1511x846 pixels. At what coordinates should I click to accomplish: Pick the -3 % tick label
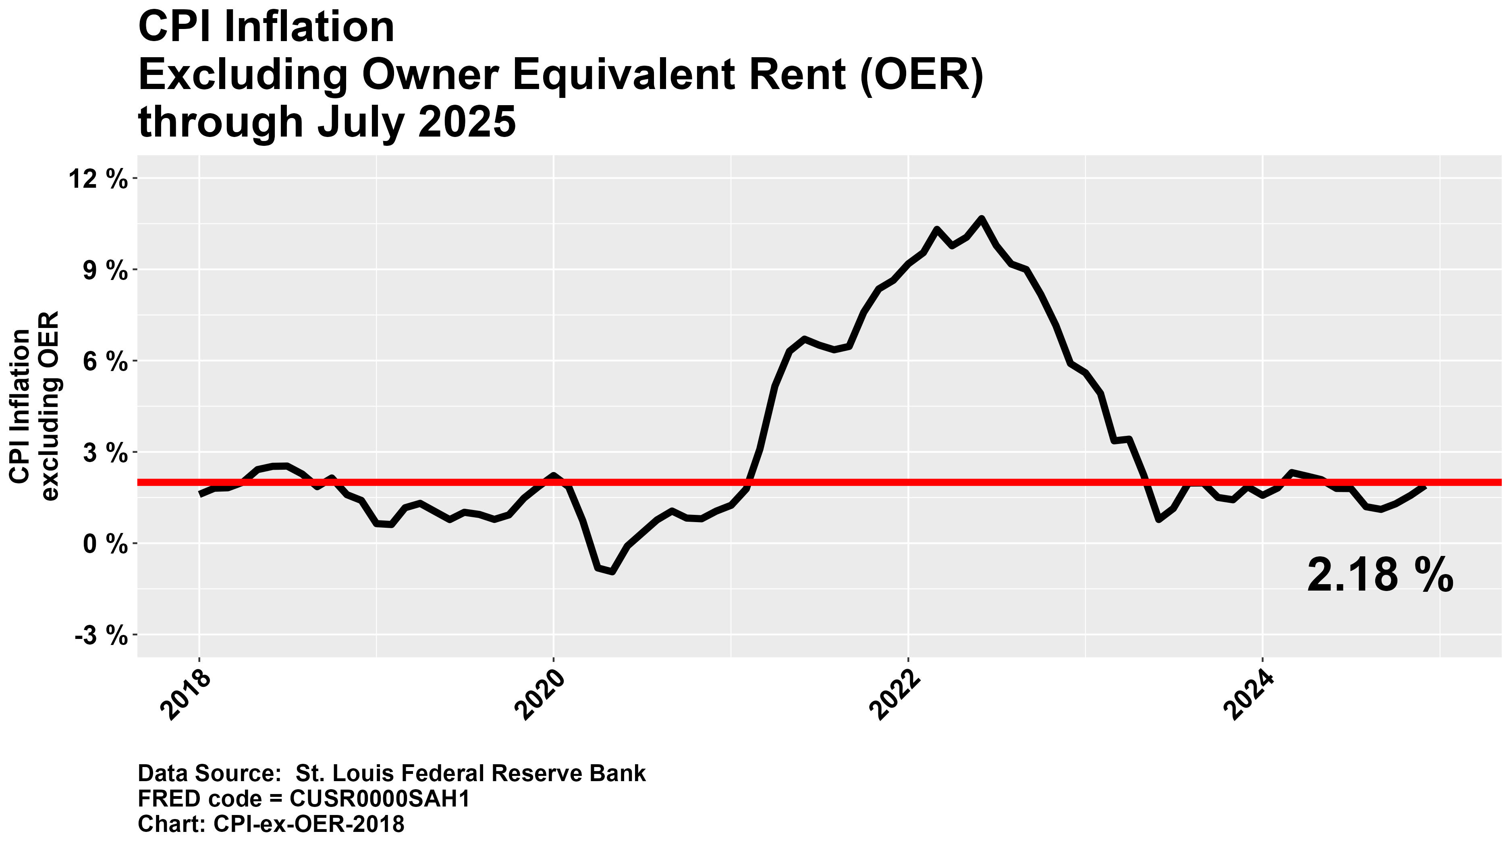[x=101, y=636]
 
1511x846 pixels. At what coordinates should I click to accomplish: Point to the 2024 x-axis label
[x=1251, y=696]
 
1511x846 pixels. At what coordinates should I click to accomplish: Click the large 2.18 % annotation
[x=1380, y=576]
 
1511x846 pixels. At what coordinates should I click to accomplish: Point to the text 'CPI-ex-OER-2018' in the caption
[x=309, y=824]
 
